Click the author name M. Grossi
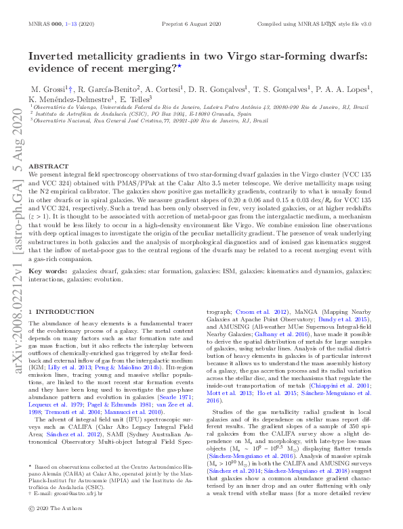[x=47, y=88]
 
